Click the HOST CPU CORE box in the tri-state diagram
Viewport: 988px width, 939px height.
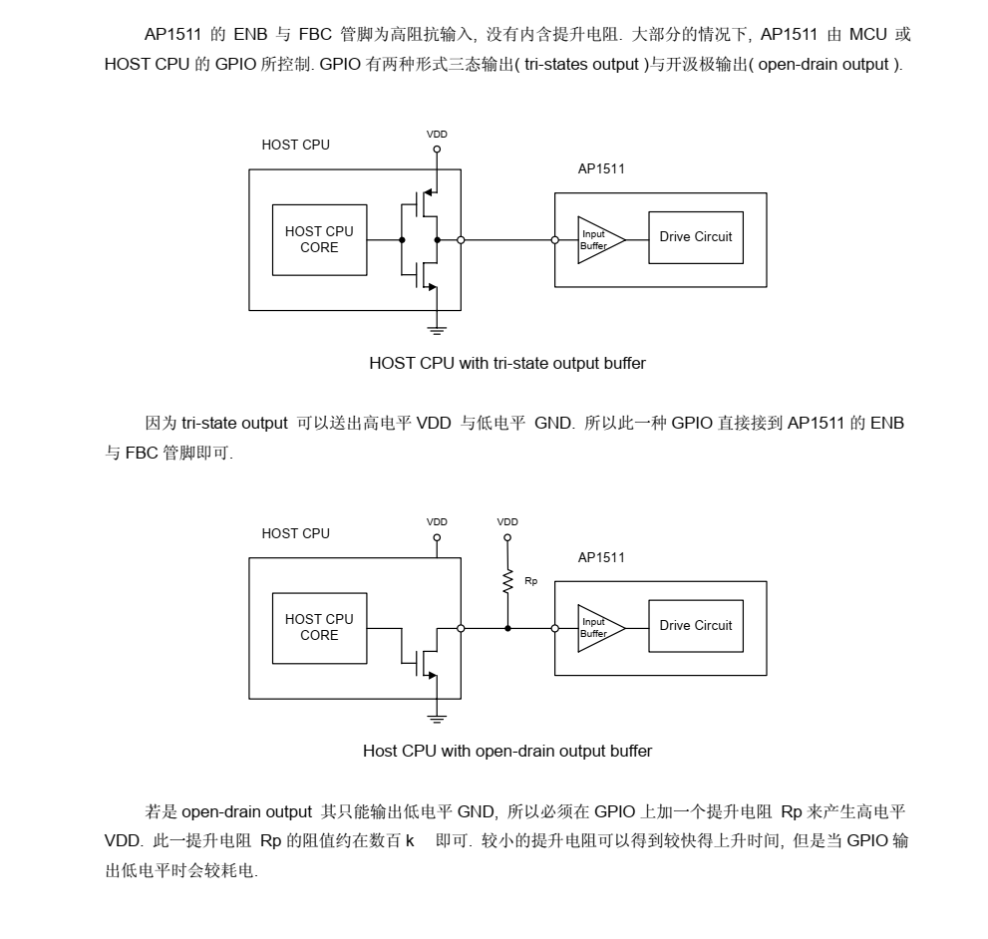[x=319, y=239]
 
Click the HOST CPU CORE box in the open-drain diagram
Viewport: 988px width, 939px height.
[x=319, y=627]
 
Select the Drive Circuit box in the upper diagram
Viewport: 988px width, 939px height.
[x=695, y=237]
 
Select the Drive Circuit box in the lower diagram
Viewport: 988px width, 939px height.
[x=695, y=626]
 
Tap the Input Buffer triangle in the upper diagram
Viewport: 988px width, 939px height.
[x=599, y=239]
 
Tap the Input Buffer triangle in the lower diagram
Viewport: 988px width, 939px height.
[x=599, y=628]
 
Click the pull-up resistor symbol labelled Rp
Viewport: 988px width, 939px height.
[x=507, y=581]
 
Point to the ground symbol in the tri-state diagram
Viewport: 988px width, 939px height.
[x=437, y=328]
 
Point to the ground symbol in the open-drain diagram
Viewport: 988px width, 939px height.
[x=437, y=717]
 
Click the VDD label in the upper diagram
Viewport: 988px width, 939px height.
[x=437, y=134]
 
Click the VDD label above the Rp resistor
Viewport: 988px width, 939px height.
[x=507, y=521]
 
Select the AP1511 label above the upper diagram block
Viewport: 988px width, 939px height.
[x=601, y=168]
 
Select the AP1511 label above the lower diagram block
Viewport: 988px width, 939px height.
[x=601, y=557]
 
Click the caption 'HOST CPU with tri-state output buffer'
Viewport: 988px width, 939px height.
[x=506, y=363]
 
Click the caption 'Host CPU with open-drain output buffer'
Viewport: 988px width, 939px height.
[x=506, y=751]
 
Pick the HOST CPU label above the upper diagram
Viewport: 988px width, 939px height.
[x=295, y=145]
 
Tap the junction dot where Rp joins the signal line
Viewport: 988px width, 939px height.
[x=507, y=628]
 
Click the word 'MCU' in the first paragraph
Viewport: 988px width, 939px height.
[x=867, y=34]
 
